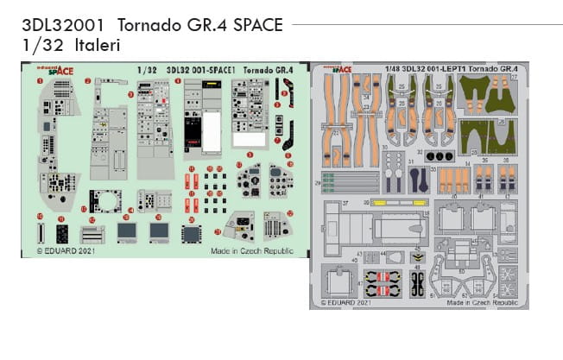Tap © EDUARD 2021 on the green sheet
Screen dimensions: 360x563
65,253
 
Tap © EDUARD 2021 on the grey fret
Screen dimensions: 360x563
345,303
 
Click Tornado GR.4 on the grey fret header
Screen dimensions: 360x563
496,67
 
